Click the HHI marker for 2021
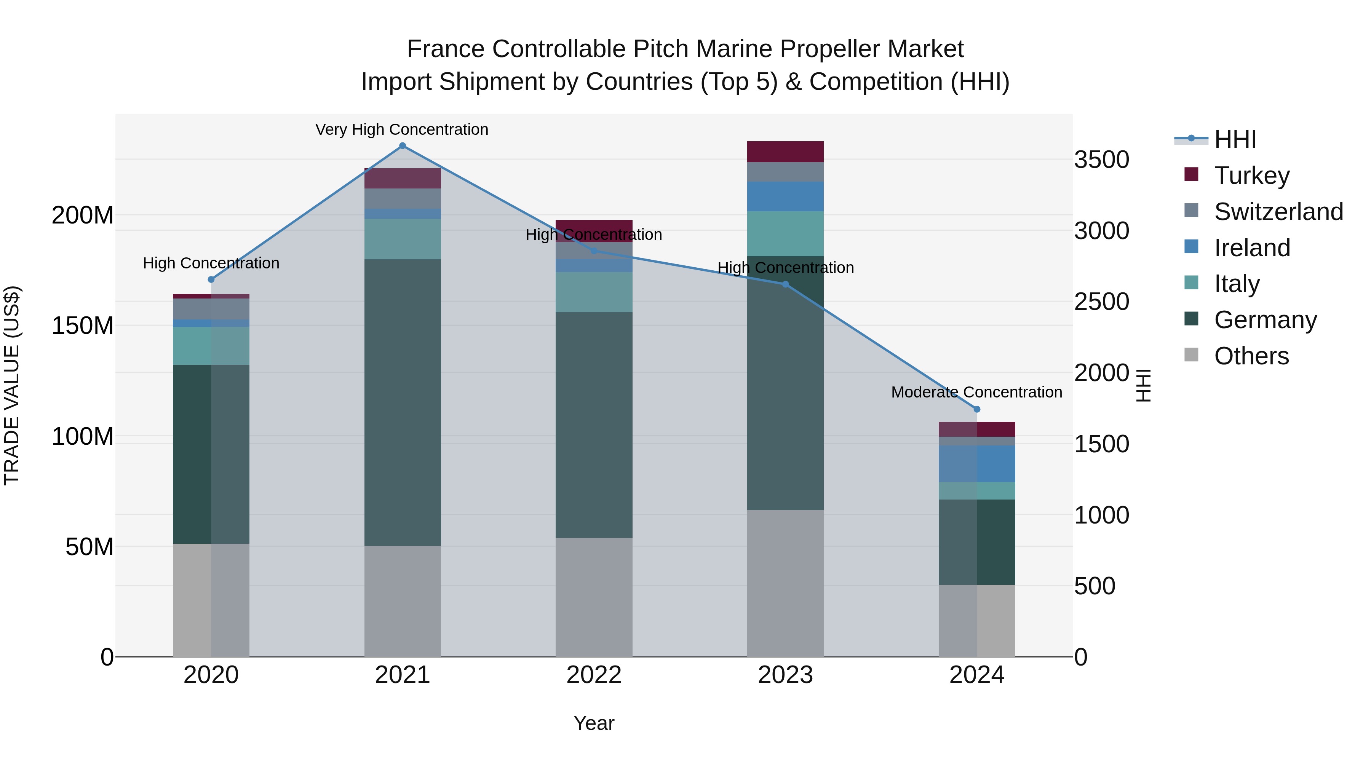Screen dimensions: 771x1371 [403, 146]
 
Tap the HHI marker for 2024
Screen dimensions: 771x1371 [976, 409]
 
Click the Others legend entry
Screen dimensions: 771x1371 [1251, 356]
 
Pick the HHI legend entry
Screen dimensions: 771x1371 [1235, 139]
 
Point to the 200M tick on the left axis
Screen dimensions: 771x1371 [83, 215]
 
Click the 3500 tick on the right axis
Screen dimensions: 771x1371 [1101, 160]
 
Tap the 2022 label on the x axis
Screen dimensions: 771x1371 [594, 675]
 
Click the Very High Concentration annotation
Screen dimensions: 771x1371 [402, 129]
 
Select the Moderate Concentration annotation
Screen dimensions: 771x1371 [976, 392]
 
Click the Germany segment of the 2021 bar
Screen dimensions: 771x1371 [403, 402]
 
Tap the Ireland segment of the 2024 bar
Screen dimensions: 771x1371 [976, 463]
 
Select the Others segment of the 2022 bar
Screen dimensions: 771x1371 [594, 597]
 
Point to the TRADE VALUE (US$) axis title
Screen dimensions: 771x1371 [12, 385]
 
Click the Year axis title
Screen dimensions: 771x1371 [594, 723]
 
